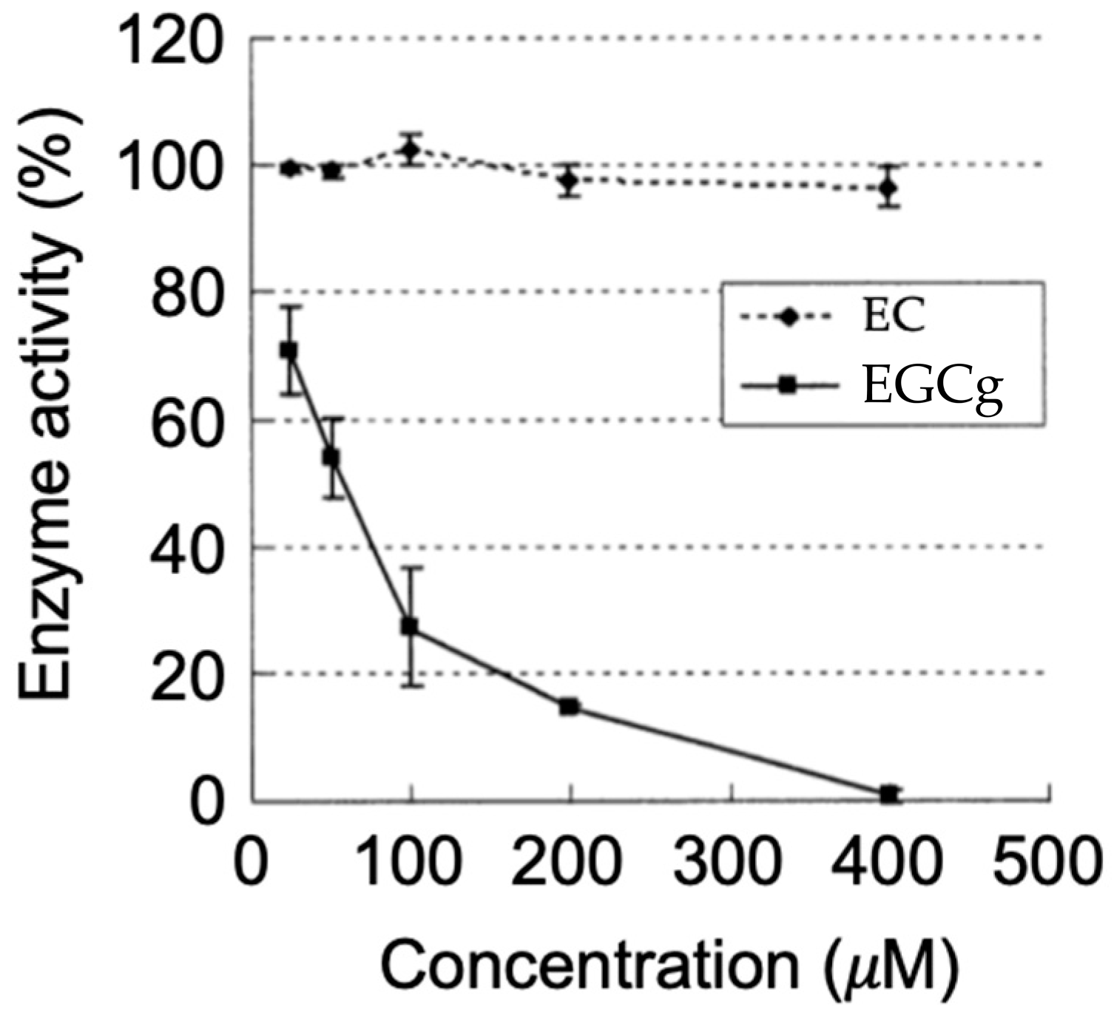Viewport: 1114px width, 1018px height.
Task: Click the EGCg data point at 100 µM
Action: click(x=409, y=626)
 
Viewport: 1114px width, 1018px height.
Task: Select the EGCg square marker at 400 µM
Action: click(x=889, y=794)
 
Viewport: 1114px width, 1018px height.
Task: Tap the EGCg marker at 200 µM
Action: click(x=569, y=706)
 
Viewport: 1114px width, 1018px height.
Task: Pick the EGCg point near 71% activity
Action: click(x=288, y=350)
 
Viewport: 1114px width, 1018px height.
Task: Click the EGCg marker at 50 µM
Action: click(x=331, y=458)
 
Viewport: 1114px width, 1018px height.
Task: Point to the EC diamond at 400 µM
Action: click(x=889, y=188)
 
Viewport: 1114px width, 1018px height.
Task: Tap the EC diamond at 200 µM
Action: click(x=569, y=180)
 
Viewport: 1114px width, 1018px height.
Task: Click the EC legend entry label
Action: click(x=894, y=316)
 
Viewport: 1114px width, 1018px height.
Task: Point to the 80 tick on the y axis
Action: click(x=186, y=292)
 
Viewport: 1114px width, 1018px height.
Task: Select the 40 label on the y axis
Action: click(x=186, y=547)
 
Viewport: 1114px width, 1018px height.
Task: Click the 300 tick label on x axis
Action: click(x=730, y=862)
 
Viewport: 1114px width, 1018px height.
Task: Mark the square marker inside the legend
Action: click(x=789, y=386)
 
